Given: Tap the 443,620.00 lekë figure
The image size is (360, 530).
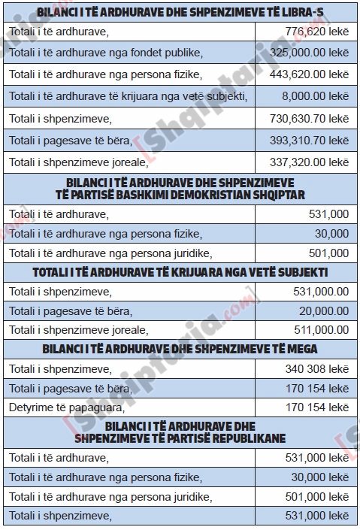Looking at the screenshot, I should tap(307, 74).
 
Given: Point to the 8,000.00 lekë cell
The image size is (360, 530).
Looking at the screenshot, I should tap(318, 96).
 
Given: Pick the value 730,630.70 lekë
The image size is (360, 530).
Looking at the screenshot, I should tap(307, 119).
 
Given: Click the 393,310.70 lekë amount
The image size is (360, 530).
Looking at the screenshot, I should tap(307, 141).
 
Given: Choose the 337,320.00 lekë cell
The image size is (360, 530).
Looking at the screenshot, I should tap(307, 162).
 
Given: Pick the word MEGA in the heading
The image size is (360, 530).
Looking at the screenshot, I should tap(301, 349).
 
